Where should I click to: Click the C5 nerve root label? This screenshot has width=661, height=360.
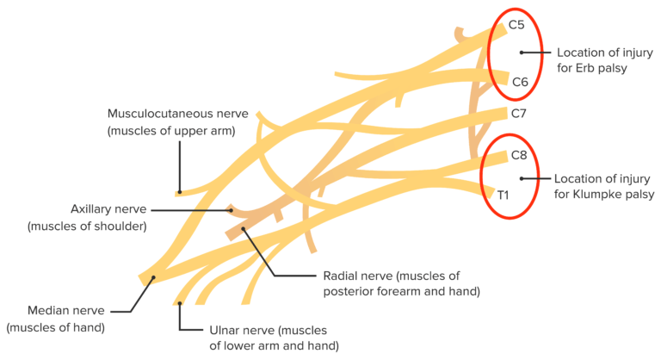[x=517, y=25]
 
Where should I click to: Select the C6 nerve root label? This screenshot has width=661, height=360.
[x=520, y=83]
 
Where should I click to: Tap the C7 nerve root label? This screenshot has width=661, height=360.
[x=518, y=113]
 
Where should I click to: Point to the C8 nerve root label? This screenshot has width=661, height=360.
[x=518, y=156]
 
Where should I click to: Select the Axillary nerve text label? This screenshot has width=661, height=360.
[x=108, y=209]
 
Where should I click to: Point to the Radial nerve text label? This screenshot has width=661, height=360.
[x=358, y=276]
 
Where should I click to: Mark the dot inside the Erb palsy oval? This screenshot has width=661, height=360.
[x=522, y=53]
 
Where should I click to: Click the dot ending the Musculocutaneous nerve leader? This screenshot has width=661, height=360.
[x=179, y=193]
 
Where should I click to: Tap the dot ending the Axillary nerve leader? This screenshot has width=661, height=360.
[x=230, y=208]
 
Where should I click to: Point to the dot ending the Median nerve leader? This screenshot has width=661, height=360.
[x=153, y=278]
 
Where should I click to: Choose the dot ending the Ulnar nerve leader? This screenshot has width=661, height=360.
[x=180, y=303]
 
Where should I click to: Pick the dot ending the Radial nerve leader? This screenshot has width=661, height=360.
[x=244, y=229]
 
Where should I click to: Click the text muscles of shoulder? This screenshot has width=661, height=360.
[x=86, y=227]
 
